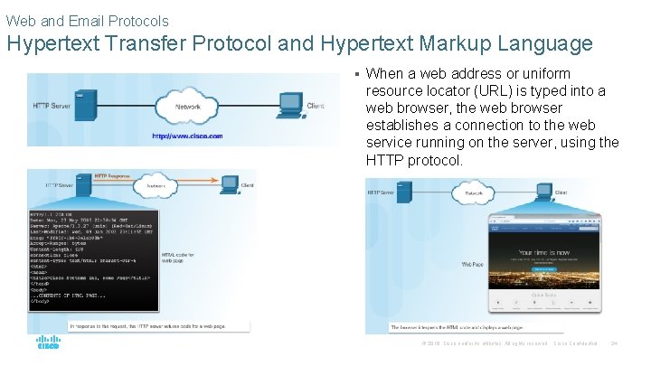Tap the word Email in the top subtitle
87,20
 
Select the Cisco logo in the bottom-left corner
49,343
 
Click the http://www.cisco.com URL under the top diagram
188,136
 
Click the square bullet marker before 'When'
357,75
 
